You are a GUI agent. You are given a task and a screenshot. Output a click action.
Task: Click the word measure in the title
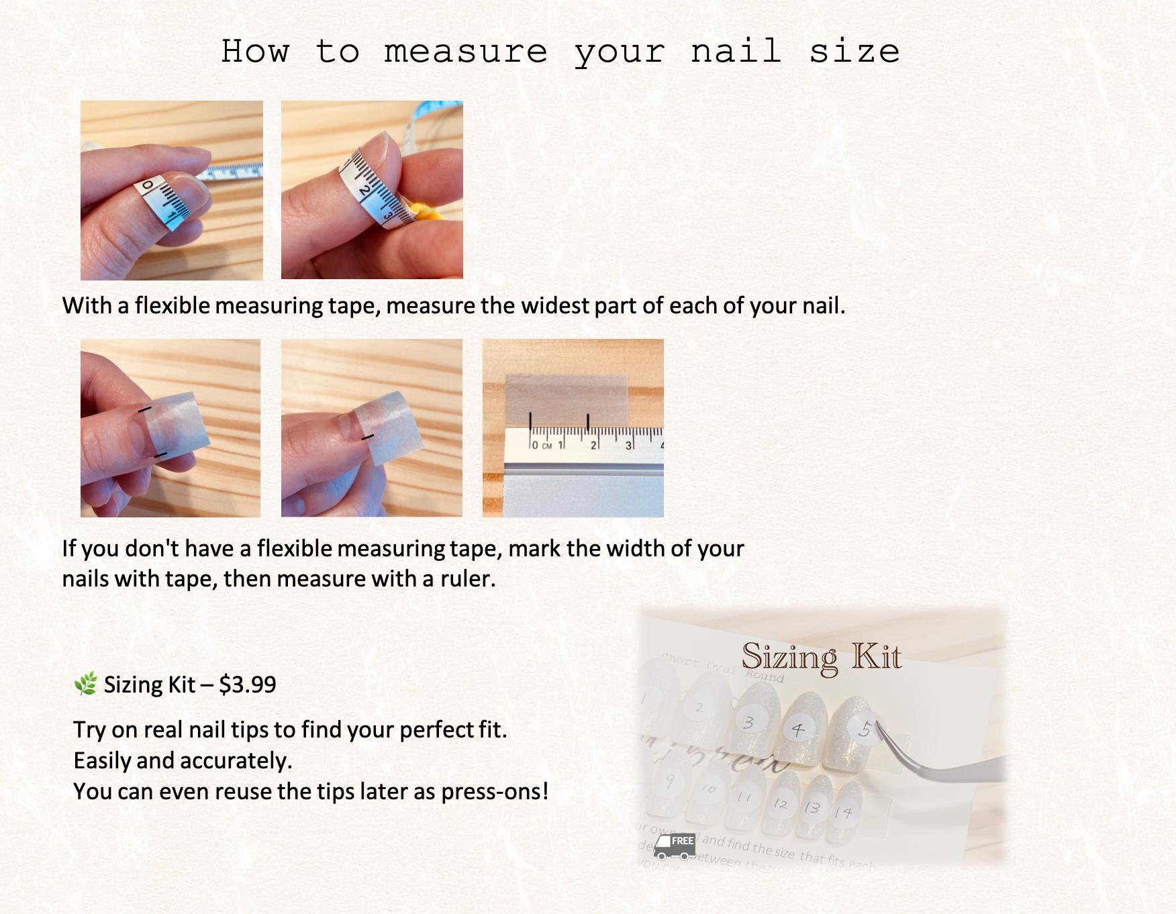coord(465,52)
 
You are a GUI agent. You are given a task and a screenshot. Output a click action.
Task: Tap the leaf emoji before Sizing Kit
coord(85,684)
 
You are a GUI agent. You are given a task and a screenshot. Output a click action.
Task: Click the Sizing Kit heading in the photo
coord(821,657)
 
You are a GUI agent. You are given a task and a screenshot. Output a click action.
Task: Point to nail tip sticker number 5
coord(865,729)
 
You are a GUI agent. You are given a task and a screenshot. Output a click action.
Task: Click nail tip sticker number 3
coord(748,722)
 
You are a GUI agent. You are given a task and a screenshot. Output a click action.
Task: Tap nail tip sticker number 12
coord(780,803)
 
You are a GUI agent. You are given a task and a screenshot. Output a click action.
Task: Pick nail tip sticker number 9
coord(669,780)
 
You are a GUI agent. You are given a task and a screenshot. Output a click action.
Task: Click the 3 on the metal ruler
coord(628,445)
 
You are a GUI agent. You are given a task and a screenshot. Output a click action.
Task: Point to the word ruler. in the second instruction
coord(468,578)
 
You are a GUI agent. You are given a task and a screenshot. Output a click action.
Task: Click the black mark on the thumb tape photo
coord(367,438)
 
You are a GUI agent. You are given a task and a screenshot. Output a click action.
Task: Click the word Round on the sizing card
coord(765,676)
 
